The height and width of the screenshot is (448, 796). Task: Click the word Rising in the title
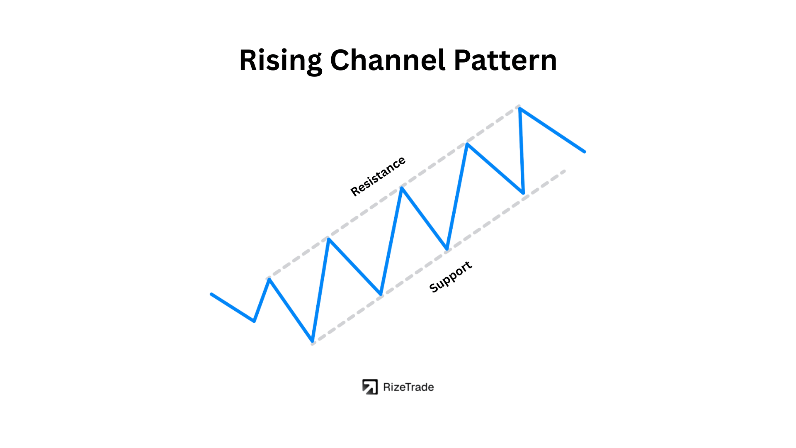[281, 61]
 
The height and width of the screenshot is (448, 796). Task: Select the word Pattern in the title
[505, 61]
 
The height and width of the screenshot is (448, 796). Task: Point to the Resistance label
[378, 176]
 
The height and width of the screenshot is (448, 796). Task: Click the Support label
[450, 277]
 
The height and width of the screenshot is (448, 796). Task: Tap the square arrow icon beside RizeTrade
[370, 387]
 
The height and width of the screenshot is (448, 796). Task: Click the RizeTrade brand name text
[408, 387]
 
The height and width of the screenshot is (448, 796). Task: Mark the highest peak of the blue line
[519, 109]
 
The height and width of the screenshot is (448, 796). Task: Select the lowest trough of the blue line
[312, 341]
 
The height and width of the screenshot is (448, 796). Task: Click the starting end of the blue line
[211, 294]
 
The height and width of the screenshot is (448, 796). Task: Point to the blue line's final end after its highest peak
[585, 152]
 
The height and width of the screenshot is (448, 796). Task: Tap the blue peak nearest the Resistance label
[402, 188]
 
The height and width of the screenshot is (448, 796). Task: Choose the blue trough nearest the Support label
[447, 249]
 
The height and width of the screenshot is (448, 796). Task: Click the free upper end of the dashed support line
[564, 171]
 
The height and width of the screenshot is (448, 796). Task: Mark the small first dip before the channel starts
[254, 321]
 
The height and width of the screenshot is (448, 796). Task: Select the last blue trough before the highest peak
[523, 193]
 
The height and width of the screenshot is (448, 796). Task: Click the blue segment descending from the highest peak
[552, 130]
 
